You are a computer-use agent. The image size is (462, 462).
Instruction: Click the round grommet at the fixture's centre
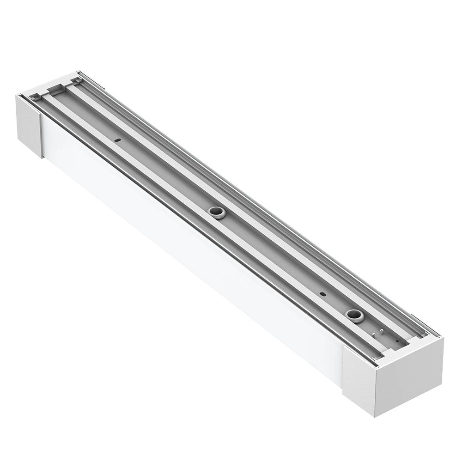click(216, 212)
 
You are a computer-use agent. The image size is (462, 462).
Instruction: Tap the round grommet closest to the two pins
click(355, 315)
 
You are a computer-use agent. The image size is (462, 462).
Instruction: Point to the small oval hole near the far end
click(117, 140)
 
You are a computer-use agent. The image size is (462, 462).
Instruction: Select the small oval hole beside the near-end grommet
click(323, 293)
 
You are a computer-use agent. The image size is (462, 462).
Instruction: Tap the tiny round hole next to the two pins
click(397, 341)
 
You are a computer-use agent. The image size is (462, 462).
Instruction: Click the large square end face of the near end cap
click(409, 377)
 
